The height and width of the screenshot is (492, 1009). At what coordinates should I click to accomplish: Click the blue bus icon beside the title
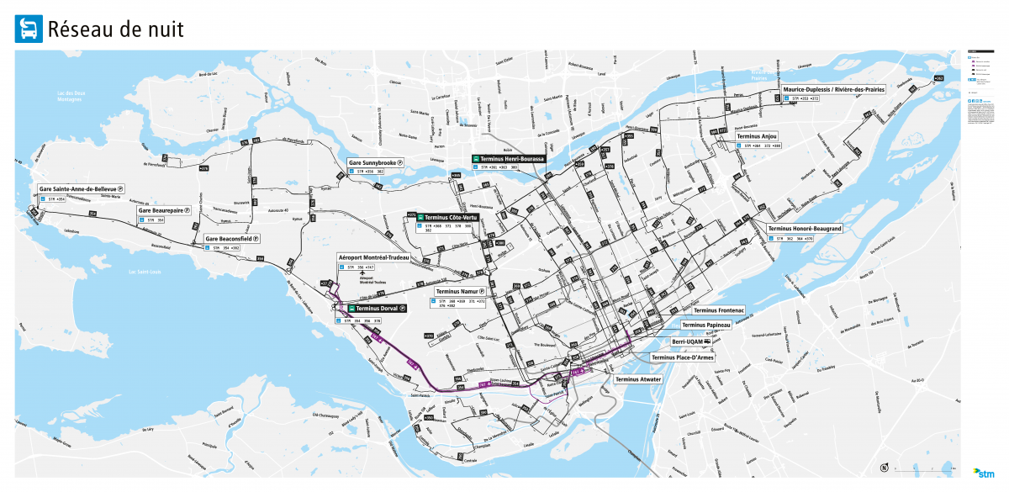pos(28,29)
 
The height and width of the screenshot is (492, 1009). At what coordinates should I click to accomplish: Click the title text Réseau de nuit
pos(115,30)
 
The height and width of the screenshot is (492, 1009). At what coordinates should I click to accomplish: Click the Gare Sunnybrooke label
pos(376,162)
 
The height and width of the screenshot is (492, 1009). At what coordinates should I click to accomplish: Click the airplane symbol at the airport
pos(362,273)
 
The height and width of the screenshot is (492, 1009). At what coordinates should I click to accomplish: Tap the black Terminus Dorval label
pos(375,309)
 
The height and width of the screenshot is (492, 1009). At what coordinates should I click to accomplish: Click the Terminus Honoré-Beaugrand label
pos(805,229)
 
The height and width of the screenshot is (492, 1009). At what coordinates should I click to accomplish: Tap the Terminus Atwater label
pos(638,379)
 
